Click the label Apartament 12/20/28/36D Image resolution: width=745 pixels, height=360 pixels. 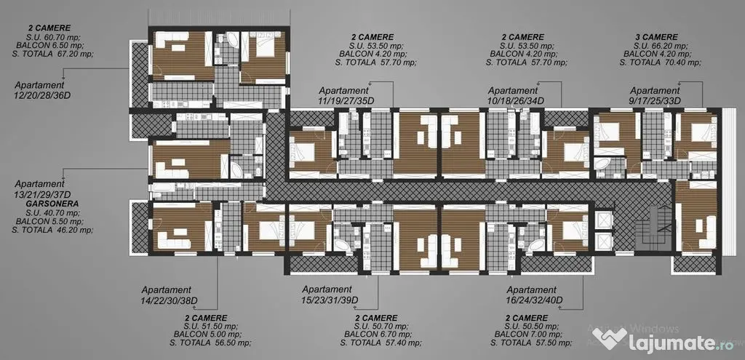pyautogui.click(x=39, y=90)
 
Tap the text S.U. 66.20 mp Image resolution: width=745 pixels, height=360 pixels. pyautogui.click(x=661, y=46)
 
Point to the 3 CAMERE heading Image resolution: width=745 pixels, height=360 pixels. pyautogui.click(x=656, y=37)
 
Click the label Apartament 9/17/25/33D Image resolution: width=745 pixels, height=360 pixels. pyautogui.click(x=655, y=95)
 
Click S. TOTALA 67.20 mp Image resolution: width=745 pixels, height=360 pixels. pyautogui.click(x=52, y=54)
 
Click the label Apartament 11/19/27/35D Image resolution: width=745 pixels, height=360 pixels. pyautogui.click(x=343, y=95)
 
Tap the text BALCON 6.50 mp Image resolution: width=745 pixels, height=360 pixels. pyautogui.click(x=50, y=45)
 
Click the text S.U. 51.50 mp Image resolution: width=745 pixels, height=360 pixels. pyautogui.click(x=211, y=327)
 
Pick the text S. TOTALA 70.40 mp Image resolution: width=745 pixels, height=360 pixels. pyautogui.click(x=661, y=63)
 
